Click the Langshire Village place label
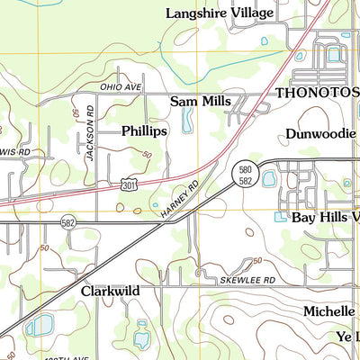pyautogui.click(x=220, y=13)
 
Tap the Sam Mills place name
pyautogui.click(x=201, y=102)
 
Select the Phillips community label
pyautogui.click(x=145, y=131)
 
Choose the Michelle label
pyautogui.click(x=329, y=310)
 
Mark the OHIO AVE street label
pyautogui.click(x=121, y=87)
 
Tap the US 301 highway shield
pyautogui.click(x=130, y=184)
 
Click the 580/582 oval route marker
pyautogui.click(x=246, y=175)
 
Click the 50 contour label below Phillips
pyautogui.click(x=147, y=154)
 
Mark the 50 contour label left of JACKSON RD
pyautogui.click(x=76, y=115)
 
